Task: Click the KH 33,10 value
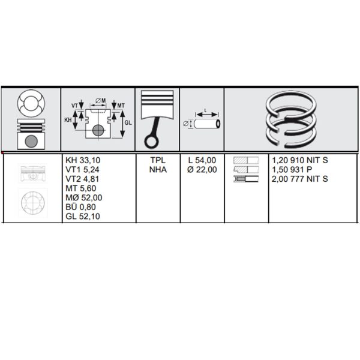83,160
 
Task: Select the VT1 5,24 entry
82,169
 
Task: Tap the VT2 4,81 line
82,179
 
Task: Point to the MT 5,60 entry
81,188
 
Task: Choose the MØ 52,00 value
84,197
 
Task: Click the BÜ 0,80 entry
81,207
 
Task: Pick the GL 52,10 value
83,216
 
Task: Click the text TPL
158,160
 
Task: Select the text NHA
158,169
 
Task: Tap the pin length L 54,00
202,160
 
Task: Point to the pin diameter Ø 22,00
202,169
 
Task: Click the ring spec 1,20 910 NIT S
300,160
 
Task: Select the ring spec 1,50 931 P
292,169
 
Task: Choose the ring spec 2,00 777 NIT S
300,179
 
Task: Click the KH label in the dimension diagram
68,120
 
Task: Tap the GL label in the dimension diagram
128,123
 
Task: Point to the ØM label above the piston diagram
101,101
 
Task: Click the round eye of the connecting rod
152,142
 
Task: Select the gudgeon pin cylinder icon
207,124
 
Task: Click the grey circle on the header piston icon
31,141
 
